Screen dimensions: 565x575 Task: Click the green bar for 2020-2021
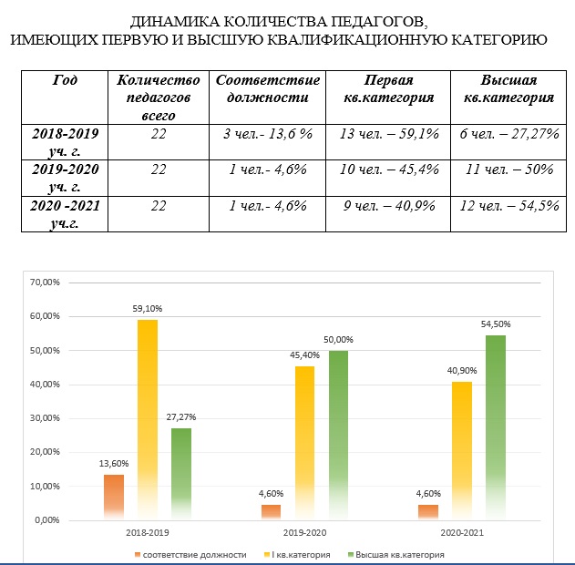(496, 428)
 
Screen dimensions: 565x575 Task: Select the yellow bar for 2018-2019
(148, 419)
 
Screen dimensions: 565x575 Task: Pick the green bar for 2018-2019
(182, 474)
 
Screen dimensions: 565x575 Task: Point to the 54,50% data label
(495, 324)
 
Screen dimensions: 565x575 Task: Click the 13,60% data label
(113, 464)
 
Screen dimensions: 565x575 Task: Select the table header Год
(66, 80)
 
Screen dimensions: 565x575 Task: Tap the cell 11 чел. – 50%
(508, 168)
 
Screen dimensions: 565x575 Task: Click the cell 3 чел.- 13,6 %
(268, 133)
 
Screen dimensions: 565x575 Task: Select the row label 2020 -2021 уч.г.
(66, 214)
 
